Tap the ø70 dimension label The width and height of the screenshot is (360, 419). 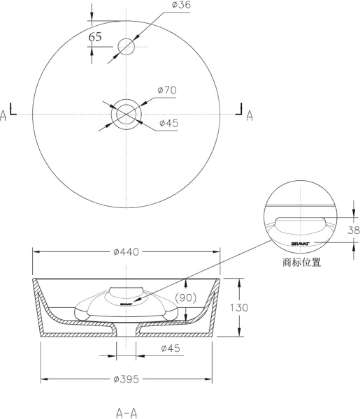pos(168,90)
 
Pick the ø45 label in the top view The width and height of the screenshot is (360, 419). pos(168,123)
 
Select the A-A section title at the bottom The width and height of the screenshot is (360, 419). pos(126,411)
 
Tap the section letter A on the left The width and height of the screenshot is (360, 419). pos(4,115)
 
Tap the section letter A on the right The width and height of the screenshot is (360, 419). pos(250,115)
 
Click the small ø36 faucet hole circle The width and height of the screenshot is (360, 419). pos(126,47)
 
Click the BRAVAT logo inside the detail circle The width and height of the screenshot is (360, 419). pos(301,242)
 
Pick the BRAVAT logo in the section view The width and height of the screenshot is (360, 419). pos(127,304)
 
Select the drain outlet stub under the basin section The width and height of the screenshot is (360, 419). pos(126,334)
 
